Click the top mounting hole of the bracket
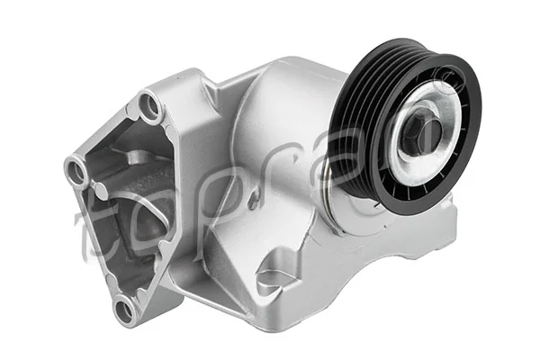(151, 109)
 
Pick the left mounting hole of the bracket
(76, 168)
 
